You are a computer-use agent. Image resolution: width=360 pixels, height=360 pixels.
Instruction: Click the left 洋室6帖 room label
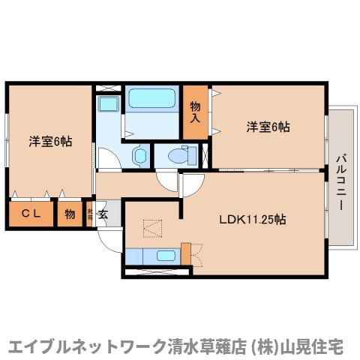pyautogui.click(x=50, y=140)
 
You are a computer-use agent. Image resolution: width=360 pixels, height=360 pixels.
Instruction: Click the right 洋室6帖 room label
pyautogui.click(x=268, y=127)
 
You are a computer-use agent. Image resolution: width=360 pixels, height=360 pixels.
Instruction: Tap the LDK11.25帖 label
pyautogui.click(x=251, y=220)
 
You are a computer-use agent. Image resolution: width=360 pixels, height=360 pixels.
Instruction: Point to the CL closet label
pyautogui.click(x=30, y=214)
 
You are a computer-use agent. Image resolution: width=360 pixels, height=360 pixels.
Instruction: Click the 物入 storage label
pyautogui.click(x=195, y=112)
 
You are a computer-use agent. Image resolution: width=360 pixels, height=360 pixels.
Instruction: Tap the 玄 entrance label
pyautogui.click(x=103, y=214)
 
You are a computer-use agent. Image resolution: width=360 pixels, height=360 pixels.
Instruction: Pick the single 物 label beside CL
pyautogui.click(x=69, y=214)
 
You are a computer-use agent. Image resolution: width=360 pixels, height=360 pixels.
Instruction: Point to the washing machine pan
pyautogui.click(x=109, y=105)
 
